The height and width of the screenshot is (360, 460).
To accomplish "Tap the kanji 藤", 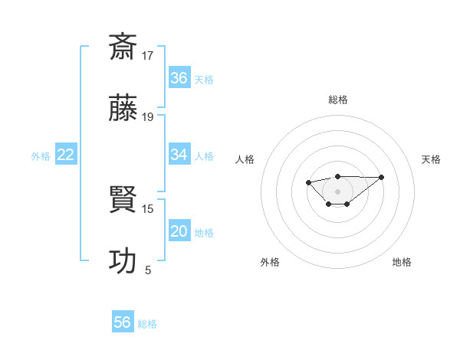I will coord(123,110).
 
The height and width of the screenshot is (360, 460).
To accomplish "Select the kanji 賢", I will coord(123,200).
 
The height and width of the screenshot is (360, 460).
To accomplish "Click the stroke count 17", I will coord(148,55).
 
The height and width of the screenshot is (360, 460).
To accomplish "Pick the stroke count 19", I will coord(148,117).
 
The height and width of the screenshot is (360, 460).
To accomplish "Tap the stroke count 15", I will coord(148,208).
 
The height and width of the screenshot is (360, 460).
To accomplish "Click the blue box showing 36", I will coord(179,78).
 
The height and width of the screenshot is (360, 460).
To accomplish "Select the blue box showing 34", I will coord(179,155).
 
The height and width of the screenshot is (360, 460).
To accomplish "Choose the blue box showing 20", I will coord(179,231).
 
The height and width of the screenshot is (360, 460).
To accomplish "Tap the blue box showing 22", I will coord(66,155).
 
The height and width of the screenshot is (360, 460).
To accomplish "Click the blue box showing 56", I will coord(123,322).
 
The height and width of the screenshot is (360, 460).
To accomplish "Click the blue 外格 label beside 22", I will coord(41,156).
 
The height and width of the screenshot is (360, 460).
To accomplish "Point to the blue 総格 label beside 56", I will coord(147,324).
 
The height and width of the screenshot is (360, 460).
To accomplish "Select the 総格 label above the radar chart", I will coord(337,100).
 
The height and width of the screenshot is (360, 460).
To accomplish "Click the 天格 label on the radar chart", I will coord(431,159).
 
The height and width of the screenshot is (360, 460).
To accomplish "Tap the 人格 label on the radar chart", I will coord(245,159).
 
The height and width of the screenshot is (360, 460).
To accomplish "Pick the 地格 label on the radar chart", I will coord(402,262).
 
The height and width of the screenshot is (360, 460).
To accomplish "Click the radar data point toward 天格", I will coord(382,177).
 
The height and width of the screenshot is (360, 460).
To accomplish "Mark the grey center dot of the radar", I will coord(337,191).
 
